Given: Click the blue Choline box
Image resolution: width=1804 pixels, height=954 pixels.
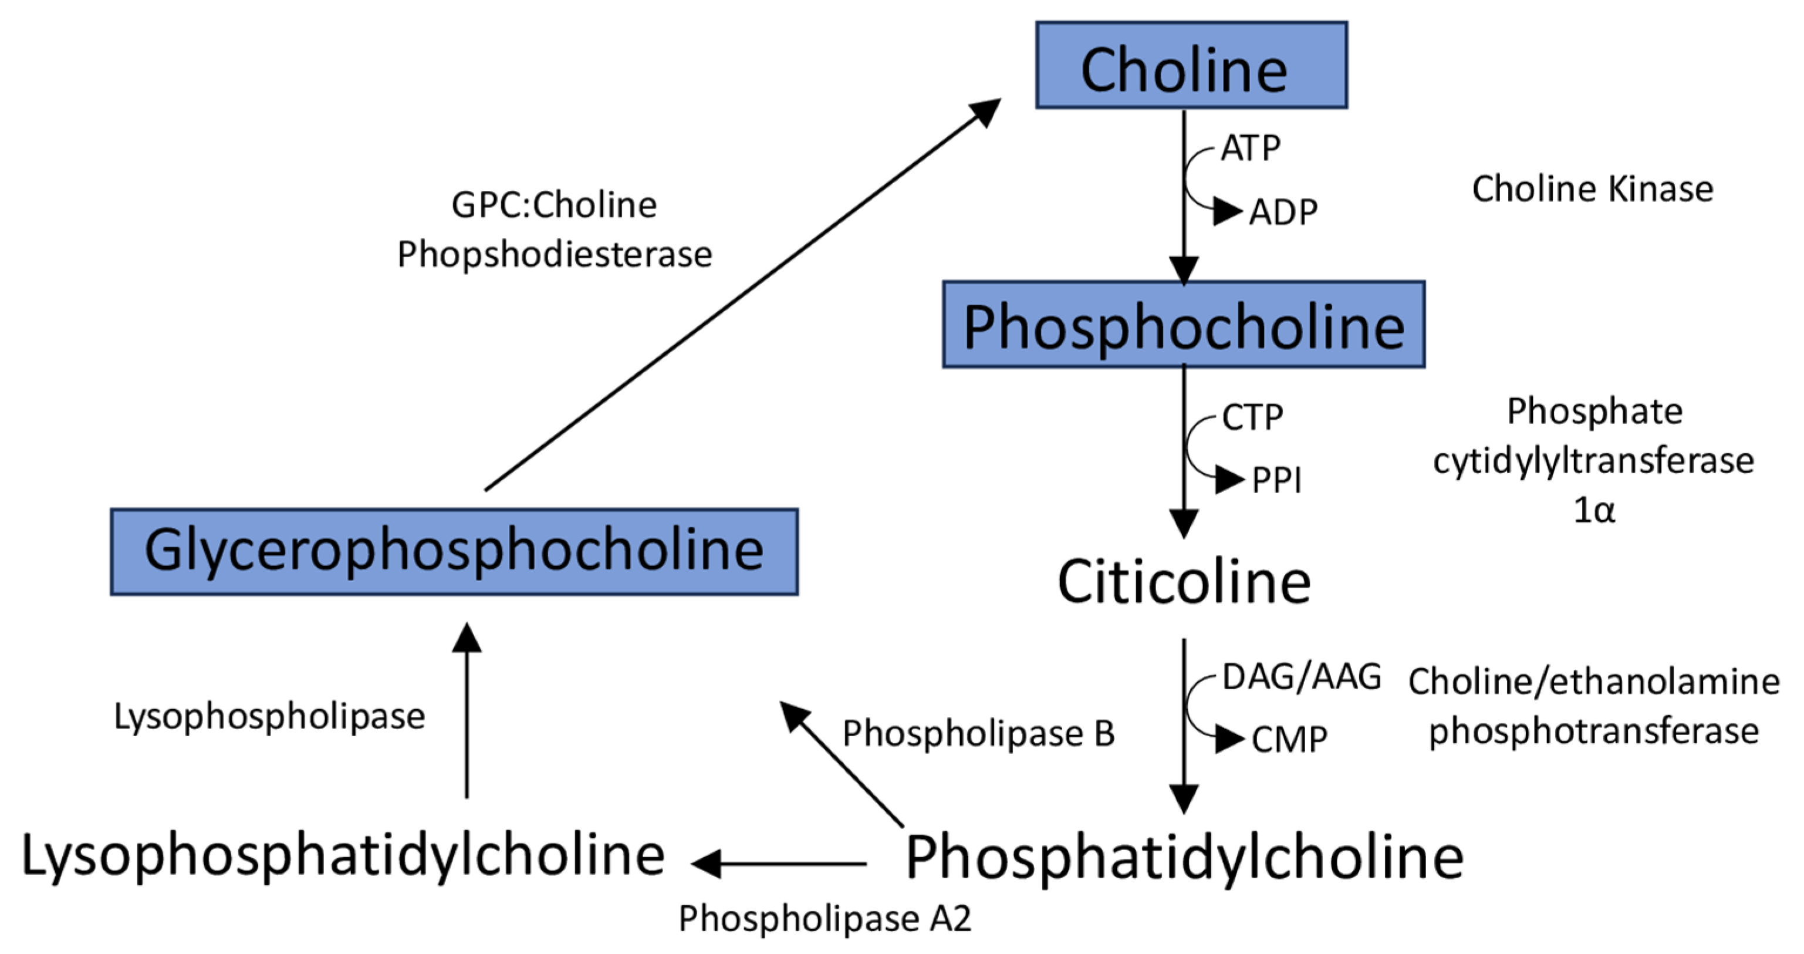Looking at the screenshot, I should tap(1191, 66).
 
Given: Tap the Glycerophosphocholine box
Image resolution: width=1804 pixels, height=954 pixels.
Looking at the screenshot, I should tap(454, 552).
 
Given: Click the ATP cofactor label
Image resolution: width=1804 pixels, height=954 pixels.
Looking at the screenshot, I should tap(1251, 149).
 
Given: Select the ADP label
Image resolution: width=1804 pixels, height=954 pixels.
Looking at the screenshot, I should tap(1283, 211).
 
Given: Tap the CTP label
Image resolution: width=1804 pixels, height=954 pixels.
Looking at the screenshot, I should tap(1252, 417).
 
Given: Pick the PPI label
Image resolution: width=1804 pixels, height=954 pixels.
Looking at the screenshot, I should tap(1276, 480).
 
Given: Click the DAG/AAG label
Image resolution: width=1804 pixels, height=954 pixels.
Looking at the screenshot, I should tap(1301, 677).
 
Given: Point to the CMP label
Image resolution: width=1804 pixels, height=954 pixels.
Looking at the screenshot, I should tap(1289, 740).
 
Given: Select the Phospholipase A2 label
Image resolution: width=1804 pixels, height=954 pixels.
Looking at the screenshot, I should tap(825, 918).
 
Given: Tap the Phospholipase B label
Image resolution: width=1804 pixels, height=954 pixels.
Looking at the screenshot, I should tap(978, 734).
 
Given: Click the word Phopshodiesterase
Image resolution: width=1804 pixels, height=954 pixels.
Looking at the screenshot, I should tap(555, 254).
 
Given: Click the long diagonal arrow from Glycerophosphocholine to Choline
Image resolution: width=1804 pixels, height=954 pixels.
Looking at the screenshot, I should tap(742, 294).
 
